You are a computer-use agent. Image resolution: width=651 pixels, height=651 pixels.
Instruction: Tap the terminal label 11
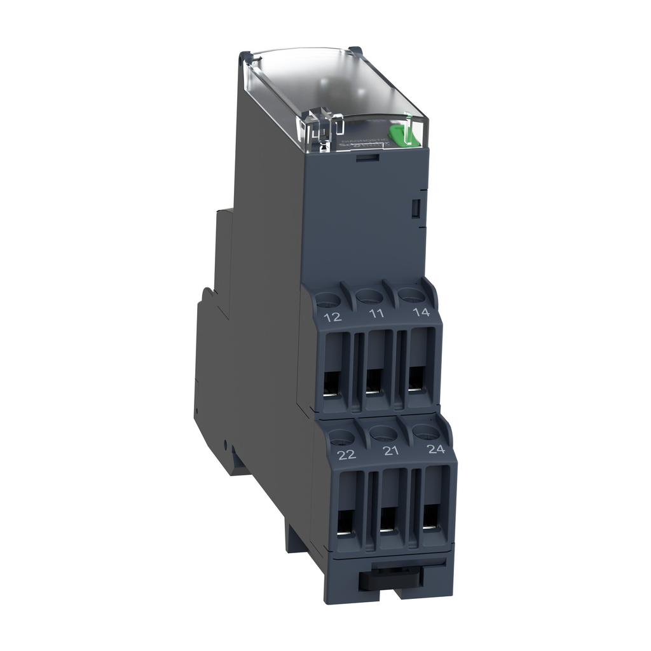tap(376, 313)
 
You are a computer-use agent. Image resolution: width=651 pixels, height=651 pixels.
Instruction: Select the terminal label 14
tap(421, 312)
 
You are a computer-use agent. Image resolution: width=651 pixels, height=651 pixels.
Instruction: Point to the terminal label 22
tap(346, 455)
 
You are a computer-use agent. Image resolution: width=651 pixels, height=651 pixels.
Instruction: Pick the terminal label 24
tap(435, 449)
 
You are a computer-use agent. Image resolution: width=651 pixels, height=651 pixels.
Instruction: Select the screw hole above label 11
tap(367, 296)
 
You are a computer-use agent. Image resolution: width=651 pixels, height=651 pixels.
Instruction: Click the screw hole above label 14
tap(411, 294)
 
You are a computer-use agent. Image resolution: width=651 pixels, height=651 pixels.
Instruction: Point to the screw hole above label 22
tap(341, 436)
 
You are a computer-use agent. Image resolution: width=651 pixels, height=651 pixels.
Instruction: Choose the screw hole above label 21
tap(383, 434)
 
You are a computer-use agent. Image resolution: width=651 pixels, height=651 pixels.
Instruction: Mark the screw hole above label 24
tap(426, 432)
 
